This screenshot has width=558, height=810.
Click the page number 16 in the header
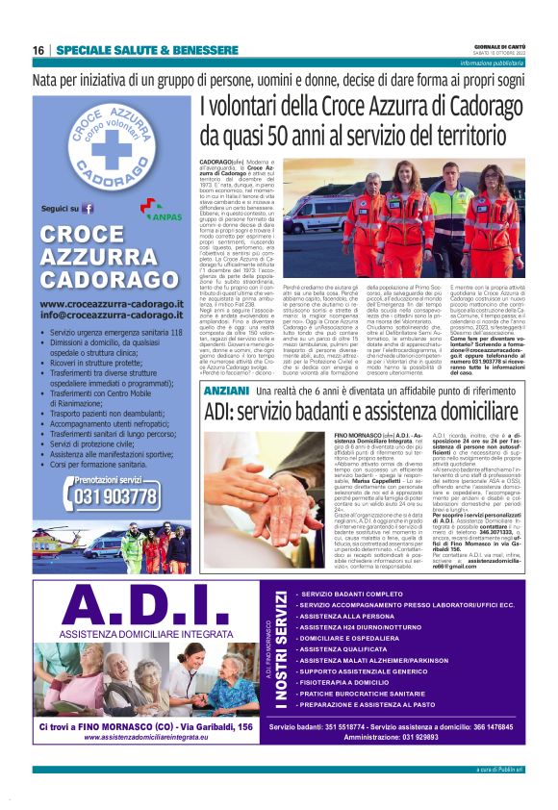pyautogui.click(x=38, y=50)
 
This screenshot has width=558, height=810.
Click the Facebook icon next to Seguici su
pyautogui.click(x=89, y=208)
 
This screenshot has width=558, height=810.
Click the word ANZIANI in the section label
pyautogui.click(x=226, y=392)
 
